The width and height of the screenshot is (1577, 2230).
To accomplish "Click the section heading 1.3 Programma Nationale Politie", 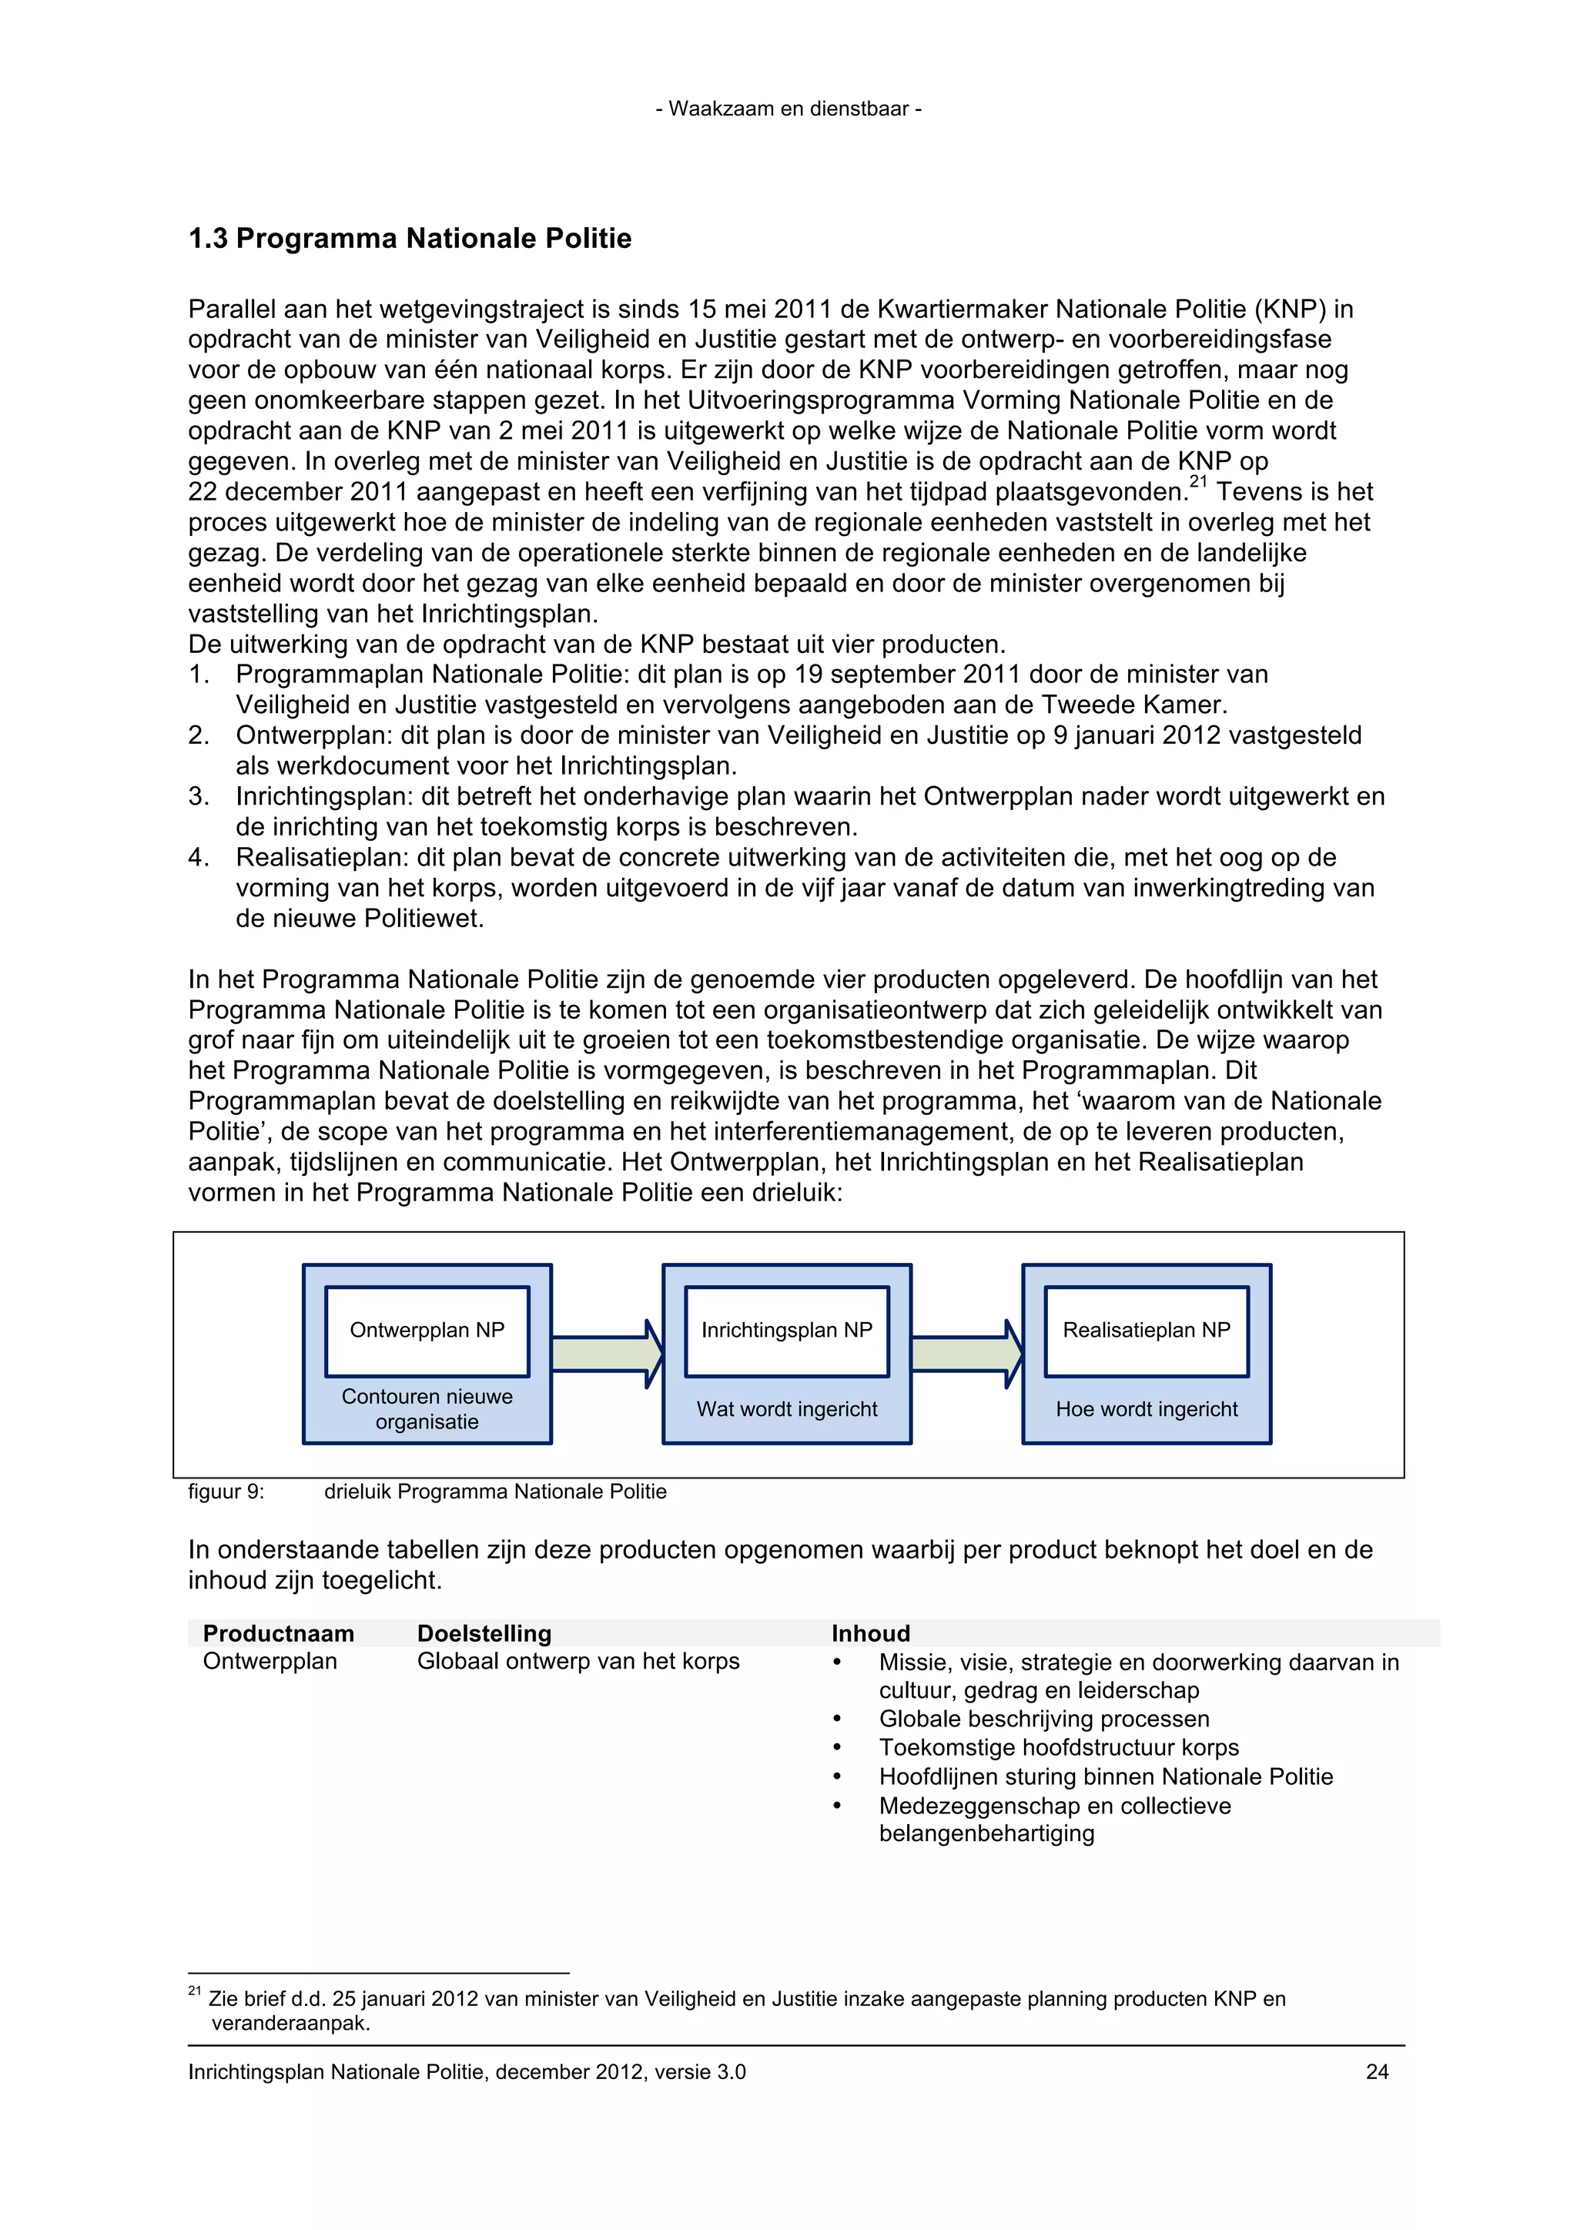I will tap(410, 239).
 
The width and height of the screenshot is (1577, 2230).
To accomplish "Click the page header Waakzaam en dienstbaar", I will tap(788, 109).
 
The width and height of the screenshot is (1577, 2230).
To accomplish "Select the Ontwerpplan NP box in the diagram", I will tap(427, 1331).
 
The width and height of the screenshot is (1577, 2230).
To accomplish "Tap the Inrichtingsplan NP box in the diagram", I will tap(786, 1331).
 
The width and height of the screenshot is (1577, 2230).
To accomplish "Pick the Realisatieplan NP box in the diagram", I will tap(1146, 1331).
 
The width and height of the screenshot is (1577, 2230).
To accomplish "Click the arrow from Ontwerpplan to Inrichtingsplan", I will tap(606, 1354).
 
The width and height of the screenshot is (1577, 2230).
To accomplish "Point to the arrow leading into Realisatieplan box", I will tap(966, 1354).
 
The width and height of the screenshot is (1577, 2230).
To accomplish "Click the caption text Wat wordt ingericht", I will tap(786, 1409).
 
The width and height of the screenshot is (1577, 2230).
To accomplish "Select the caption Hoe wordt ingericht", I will tap(1146, 1409).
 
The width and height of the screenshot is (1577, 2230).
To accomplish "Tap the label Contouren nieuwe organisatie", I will tap(427, 1409).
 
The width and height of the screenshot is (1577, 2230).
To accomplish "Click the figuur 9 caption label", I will tap(226, 1492).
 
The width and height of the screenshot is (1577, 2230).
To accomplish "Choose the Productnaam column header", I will tap(279, 1634).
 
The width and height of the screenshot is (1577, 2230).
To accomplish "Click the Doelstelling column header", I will tap(484, 1634).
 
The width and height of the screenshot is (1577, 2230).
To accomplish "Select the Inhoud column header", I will tap(870, 1634).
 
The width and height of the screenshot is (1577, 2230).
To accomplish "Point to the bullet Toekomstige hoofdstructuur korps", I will tap(1059, 1747).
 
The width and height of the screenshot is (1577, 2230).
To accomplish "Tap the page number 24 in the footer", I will tap(1376, 2071).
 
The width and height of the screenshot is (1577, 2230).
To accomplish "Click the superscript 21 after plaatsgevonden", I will tap(1198, 483).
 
